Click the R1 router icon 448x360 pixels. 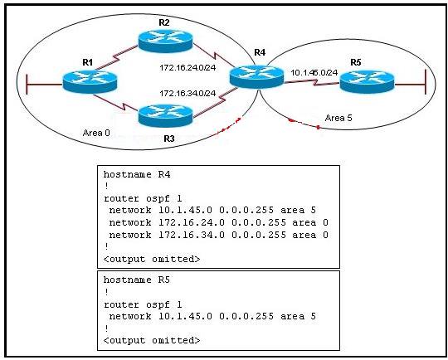(90, 81)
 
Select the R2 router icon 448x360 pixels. (165, 41)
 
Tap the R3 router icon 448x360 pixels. (165, 115)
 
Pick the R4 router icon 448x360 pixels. (256, 76)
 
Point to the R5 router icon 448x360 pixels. (367, 82)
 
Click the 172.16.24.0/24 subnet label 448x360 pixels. (187, 68)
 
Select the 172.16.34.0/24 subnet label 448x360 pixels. (187, 94)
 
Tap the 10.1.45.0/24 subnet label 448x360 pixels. (314, 72)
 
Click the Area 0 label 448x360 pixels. (96, 133)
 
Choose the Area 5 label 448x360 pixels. (338, 118)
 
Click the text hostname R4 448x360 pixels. (137, 174)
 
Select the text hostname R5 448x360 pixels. (137, 280)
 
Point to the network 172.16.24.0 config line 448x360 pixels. (218, 222)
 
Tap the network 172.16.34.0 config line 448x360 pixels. (218, 235)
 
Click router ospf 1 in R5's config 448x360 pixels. (143, 304)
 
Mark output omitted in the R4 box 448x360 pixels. (152, 259)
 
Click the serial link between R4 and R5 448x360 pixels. (312, 83)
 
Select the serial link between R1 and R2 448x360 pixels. (117, 57)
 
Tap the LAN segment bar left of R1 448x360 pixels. (27, 85)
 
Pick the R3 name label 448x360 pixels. (169, 139)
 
